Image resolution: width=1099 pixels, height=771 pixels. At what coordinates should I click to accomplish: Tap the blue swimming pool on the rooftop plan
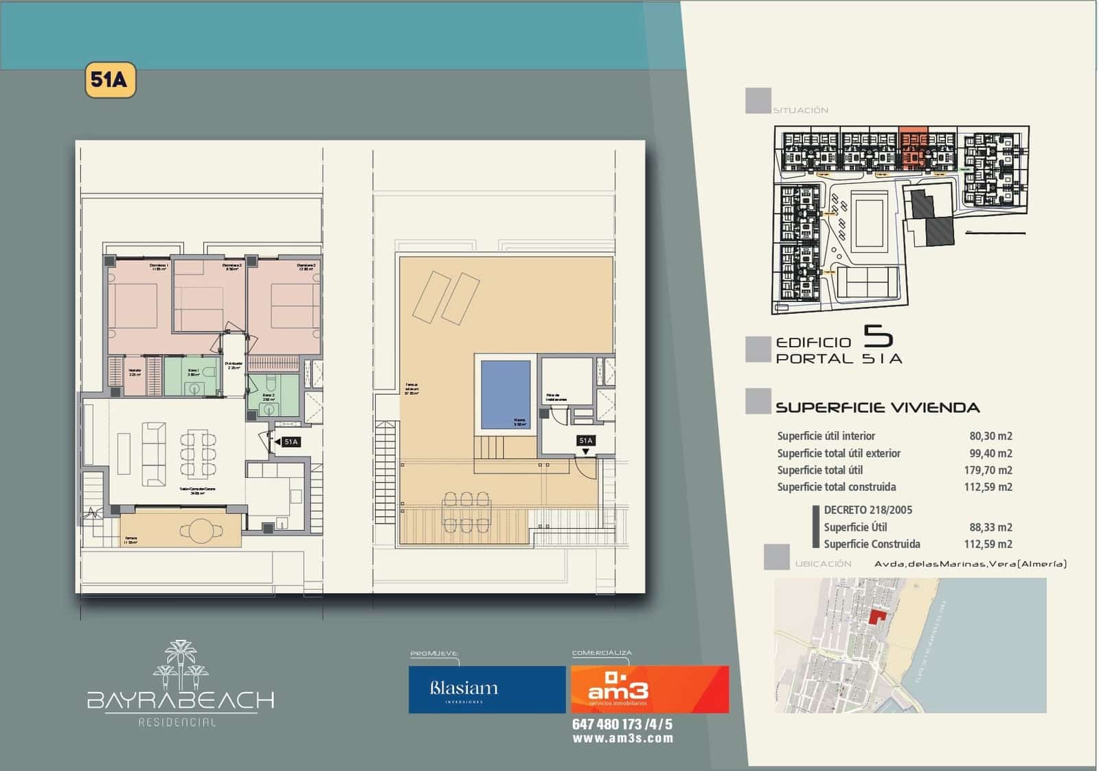tap(506, 394)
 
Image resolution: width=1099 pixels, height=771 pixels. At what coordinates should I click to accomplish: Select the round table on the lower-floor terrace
tap(201, 529)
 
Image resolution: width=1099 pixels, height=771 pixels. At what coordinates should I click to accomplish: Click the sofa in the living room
tap(152, 454)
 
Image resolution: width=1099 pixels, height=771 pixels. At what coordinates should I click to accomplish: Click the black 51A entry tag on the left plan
tap(291, 442)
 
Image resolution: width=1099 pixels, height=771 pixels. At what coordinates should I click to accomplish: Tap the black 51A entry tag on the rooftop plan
tap(586, 441)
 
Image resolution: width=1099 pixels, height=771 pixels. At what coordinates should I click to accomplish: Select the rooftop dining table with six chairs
tap(467, 511)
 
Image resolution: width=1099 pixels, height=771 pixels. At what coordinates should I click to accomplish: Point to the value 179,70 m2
tap(988, 470)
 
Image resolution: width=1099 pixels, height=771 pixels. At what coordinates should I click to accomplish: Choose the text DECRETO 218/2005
tap(868, 510)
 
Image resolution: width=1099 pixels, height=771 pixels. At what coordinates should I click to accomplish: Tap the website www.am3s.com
tap(622, 739)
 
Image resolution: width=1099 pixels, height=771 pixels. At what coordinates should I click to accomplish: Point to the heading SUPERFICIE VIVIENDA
tap(877, 408)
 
